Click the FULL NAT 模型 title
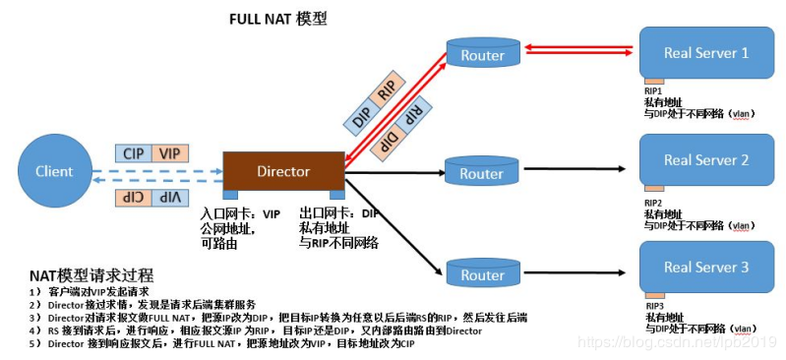(x=277, y=19)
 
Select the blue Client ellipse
(x=54, y=171)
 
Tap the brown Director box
(x=283, y=171)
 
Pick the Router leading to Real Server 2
(x=481, y=173)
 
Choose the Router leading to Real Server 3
(x=481, y=274)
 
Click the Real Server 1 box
(x=705, y=53)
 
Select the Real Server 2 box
(x=705, y=160)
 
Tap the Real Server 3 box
(x=705, y=267)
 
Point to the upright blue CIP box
(x=133, y=153)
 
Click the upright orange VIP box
(x=169, y=153)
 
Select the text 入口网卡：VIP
(x=240, y=212)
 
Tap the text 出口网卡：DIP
(x=338, y=212)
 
